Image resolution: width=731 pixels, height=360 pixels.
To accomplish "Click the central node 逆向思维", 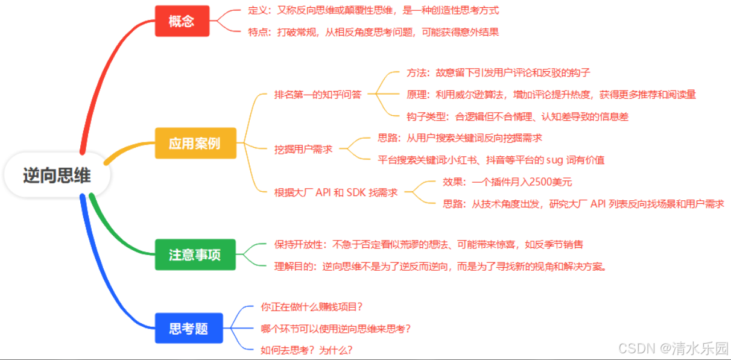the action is (57, 176).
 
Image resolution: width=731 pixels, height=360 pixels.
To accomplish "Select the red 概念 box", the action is (182, 21).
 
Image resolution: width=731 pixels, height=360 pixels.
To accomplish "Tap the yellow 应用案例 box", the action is (194, 144).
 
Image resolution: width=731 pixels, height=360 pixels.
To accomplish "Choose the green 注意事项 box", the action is (194, 254).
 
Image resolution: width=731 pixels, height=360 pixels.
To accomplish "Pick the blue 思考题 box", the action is (188, 329).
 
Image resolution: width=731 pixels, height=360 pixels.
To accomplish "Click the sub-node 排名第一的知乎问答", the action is (318, 94).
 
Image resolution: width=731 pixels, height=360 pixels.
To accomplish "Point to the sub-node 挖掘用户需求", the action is (303, 149).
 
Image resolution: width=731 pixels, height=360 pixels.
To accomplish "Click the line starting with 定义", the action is (373, 10).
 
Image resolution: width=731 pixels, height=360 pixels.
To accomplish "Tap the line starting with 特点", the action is (373, 32).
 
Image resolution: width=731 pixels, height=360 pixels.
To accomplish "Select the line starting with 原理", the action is (551, 94).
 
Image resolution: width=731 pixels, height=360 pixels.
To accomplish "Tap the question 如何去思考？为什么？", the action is (306, 350).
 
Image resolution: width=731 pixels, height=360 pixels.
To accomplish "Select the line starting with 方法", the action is (498, 72).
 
